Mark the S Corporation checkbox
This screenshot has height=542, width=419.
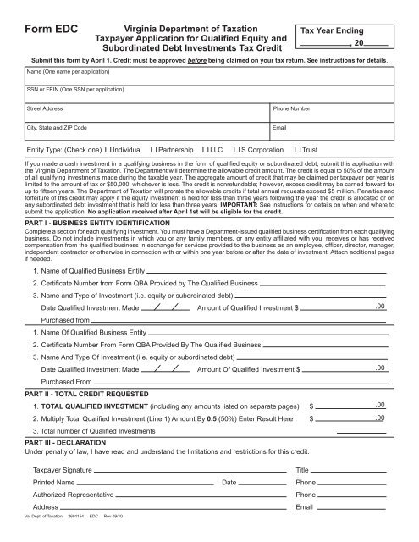(238, 150)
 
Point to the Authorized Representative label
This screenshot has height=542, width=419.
(68, 494)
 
